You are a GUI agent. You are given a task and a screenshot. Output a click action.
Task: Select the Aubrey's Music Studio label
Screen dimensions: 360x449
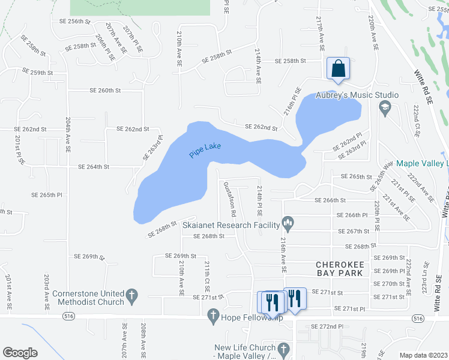coord(357,95)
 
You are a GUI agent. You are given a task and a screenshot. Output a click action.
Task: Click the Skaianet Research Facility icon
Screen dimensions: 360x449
coord(288,225)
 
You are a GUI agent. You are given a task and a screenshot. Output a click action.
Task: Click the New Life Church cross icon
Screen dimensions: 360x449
coord(283,348)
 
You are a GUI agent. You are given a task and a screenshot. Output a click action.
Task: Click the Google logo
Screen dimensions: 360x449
coord(20,353)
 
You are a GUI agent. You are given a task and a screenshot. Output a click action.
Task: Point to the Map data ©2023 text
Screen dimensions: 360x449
coord(423,355)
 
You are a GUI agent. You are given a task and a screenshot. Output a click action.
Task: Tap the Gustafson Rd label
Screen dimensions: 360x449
coord(229,200)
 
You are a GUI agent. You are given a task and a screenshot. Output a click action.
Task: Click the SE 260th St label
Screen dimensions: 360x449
coord(105,90)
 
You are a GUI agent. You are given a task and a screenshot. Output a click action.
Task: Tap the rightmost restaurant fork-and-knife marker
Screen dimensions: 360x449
coord(294,298)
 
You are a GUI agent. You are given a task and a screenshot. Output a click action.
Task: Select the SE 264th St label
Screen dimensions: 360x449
coord(93,166)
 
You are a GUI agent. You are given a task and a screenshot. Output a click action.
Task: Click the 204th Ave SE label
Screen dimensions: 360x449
coord(67,135)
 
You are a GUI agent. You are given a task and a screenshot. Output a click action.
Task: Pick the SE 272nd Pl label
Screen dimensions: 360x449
coord(327,326)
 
